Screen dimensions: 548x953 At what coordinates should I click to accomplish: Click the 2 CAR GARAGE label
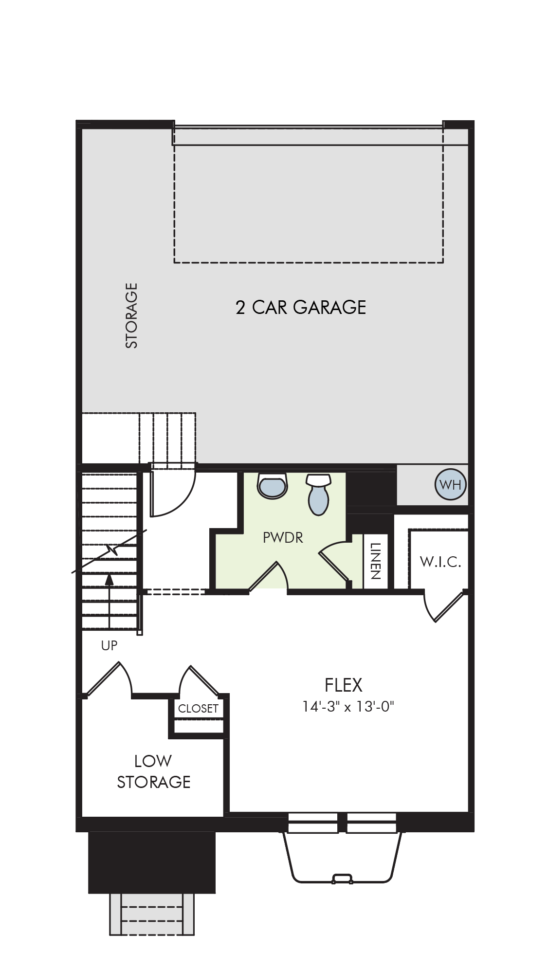(x=301, y=307)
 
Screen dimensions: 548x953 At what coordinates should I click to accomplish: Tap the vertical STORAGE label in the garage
(x=131, y=315)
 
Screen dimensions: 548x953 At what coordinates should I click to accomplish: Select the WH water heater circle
(x=450, y=484)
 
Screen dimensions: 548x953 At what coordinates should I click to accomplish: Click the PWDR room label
(x=283, y=537)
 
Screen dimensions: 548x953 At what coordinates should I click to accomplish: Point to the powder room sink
(x=273, y=486)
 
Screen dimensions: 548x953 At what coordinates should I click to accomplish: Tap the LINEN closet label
(x=375, y=561)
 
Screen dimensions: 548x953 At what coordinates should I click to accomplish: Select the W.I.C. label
(x=440, y=562)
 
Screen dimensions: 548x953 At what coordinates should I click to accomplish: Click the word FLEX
(x=344, y=685)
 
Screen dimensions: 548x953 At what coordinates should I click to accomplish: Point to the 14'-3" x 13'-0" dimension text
(x=347, y=706)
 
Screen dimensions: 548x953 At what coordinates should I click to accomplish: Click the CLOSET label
(x=198, y=709)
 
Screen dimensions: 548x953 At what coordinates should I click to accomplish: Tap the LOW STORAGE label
(x=153, y=771)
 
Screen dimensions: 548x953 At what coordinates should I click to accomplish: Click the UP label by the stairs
(x=109, y=645)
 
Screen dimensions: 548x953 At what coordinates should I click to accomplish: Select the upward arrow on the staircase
(x=109, y=600)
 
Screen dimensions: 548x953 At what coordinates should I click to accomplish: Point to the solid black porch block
(x=152, y=862)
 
